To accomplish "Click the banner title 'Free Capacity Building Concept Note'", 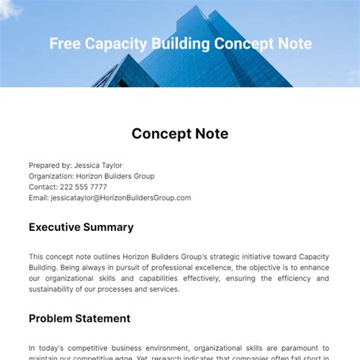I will coord(180,44).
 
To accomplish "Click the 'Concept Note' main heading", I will coord(180,134).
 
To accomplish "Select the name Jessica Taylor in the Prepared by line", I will coord(97,166).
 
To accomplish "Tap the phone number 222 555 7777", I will coord(84,187).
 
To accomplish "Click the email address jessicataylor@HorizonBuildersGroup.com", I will coord(121,197).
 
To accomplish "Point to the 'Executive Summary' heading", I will coord(81,227).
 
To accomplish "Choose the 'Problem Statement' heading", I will coord(80,318).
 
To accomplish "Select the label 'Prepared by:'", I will coord(49,166).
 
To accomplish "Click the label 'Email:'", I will coord(39,197).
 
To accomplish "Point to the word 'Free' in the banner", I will coord(64,44).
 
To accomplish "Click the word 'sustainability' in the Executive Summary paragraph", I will coord(55,289).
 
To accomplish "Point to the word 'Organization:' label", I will coord(52,176).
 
